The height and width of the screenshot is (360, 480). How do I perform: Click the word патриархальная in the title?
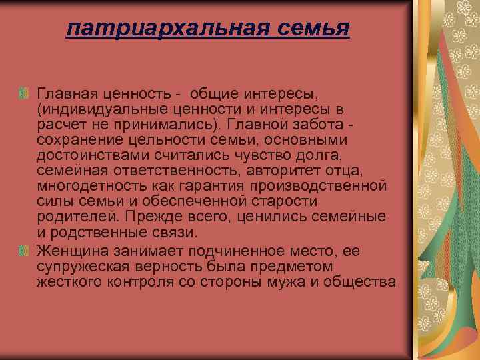[168, 29]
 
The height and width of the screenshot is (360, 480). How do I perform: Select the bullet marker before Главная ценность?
[23, 93]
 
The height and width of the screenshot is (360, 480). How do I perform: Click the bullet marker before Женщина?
[23, 251]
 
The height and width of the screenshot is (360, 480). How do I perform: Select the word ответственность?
[175, 171]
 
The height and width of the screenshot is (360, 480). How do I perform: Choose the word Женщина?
[73, 251]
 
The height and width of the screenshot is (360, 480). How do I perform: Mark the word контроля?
[140, 282]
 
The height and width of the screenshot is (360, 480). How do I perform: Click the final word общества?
[360, 282]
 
